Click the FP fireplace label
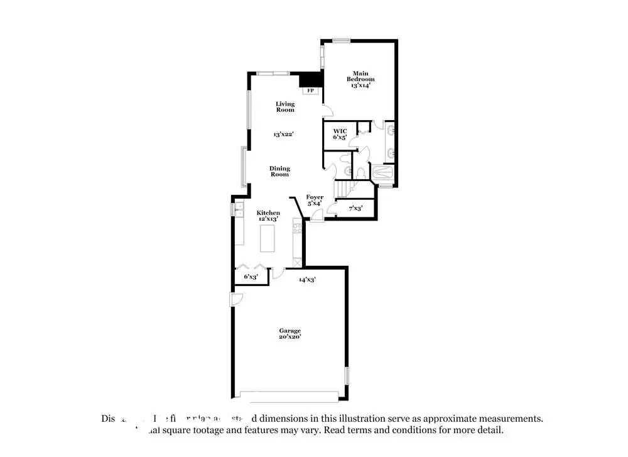pos(310,91)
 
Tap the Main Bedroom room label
pos(360,79)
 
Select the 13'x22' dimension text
pos(284,134)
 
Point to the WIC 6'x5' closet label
pos(340,133)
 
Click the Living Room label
pos(285,107)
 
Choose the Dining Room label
pos(280,171)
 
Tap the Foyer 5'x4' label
pos(315,200)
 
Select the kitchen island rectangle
pos(268,238)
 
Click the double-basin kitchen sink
pos(239,209)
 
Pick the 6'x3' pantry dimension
pos(249,276)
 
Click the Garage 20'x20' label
pos(290,334)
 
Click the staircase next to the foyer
pos(343,188)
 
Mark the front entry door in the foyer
pos(317,215)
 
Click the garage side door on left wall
pos(235,300)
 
